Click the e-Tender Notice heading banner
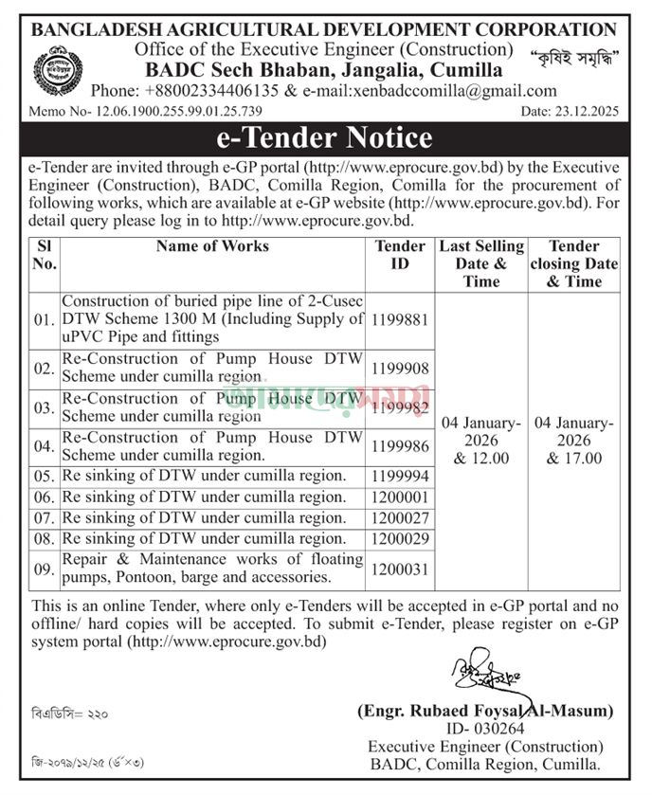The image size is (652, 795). click(325, 138)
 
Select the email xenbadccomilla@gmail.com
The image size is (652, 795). click(453, 92)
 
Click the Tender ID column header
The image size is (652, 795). click(400, 255)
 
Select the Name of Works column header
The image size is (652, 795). click(213, 246)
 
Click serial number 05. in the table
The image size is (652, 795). click(45, 476)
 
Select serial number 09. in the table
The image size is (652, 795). click(45, 569)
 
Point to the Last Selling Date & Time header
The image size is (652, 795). click(480, 263)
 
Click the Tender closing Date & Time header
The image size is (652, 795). click(574, 263)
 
